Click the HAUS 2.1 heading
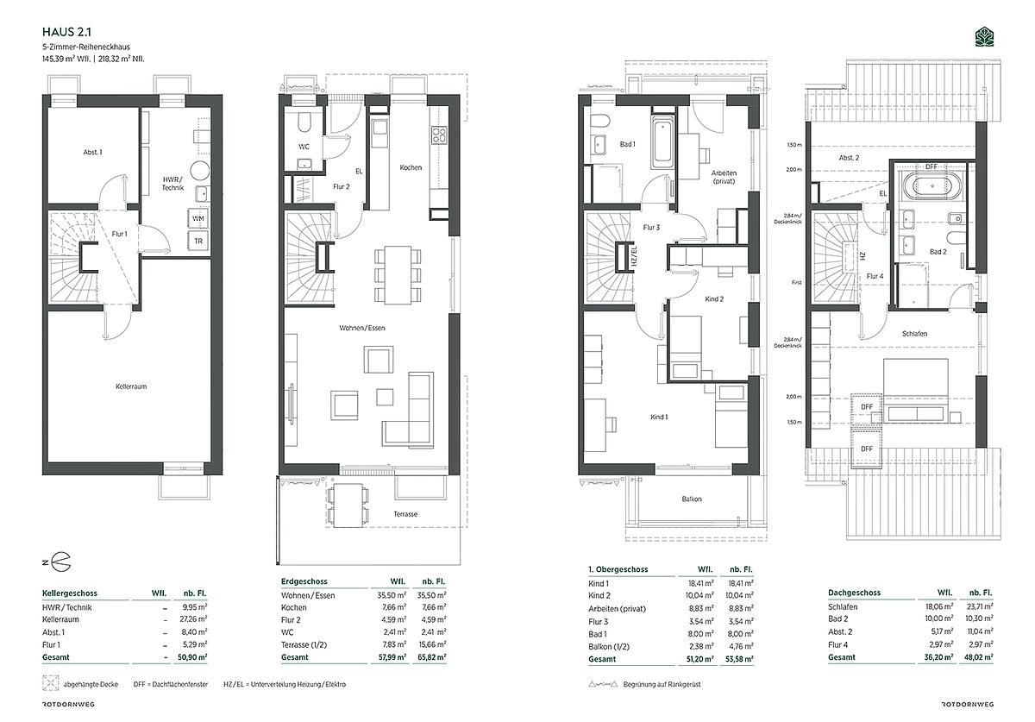[66, 32]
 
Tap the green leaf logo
[984, 37]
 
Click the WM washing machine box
[198, 218]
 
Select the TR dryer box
[198, 241]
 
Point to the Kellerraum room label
[131, 386]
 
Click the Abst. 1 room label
[93, 152]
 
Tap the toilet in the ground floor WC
[304, 122]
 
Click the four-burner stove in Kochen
[439, 135]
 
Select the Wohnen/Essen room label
[362, 328]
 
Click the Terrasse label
[405, 514]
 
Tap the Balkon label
[692, 499]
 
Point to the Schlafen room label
[915, 334]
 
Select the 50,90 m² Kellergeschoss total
[196, 657]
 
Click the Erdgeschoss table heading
[304, 581]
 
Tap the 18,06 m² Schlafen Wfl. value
[941, 607]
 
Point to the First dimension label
[797, 282]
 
